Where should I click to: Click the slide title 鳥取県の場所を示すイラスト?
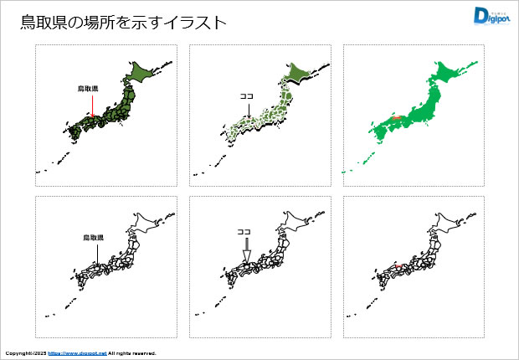(123, 23)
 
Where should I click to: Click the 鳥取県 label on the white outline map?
(93, 238)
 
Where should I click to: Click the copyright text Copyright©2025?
(25, 353)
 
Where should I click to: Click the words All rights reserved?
(132, 353)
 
